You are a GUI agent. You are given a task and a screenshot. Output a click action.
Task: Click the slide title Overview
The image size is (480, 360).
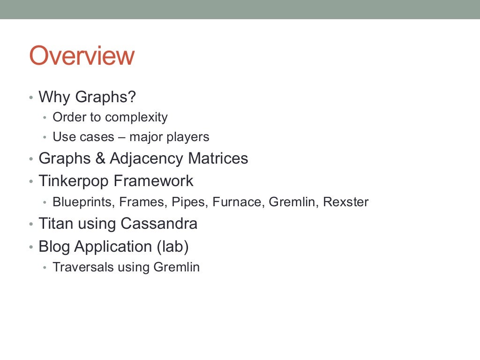pyautogui.click(x=82, y=56)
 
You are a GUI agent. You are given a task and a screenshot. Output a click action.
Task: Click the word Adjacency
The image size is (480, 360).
pyautogui.click(x=146, y=158)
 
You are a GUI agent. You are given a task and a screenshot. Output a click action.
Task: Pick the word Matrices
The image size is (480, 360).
pyautogui.click(x=218, y=158)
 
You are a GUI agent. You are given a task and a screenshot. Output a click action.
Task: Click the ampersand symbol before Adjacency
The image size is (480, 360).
pyautogui.click(x=100, y=158)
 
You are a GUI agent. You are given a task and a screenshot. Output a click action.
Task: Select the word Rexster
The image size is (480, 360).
pyautogui.click(x=345, y=202)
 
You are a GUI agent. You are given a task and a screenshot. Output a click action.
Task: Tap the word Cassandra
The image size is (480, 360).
pyautogui.click(x=158, y=224)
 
